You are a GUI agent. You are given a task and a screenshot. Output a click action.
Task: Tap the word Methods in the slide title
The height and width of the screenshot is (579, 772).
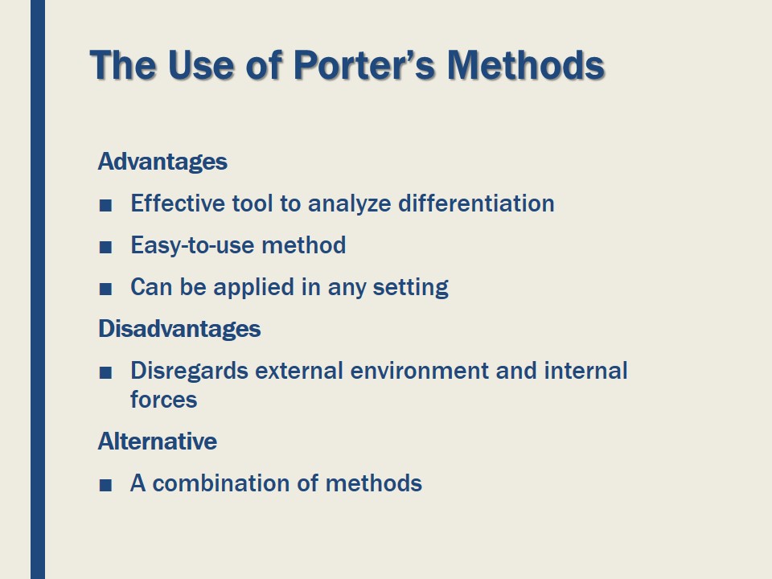pyautogui.click(x=525, y=65)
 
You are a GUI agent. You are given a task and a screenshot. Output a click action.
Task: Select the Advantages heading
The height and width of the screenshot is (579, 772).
pyautogui.click(x=162, y=162)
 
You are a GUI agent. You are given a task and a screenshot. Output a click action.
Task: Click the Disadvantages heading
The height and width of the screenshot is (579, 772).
pyautogui.click(x=179, y=329)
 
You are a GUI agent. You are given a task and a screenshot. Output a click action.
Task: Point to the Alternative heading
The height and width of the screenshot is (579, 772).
pyautogui.click(x=158, y=441)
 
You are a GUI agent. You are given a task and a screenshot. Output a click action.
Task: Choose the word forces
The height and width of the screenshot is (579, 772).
pyautogui.click(x=164, y=400)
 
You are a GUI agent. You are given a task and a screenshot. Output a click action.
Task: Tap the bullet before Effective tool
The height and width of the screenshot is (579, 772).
pyautogui.click(x=105, y=205)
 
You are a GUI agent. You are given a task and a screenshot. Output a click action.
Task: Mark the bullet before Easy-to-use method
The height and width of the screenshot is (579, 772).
pyautogui.click(x=105, y=247)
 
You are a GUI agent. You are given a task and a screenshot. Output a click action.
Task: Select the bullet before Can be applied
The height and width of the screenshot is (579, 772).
pyautogui.click(x=105, y=289)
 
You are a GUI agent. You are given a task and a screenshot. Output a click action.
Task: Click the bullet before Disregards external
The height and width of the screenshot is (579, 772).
pyautogui.click(x=105, y=372)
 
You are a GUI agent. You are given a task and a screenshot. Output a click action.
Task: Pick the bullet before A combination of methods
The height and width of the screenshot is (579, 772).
pyautogui.click(x=105, y=485)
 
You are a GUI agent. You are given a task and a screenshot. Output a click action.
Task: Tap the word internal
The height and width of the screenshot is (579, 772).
pyautogui.click(x=585, y=371)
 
